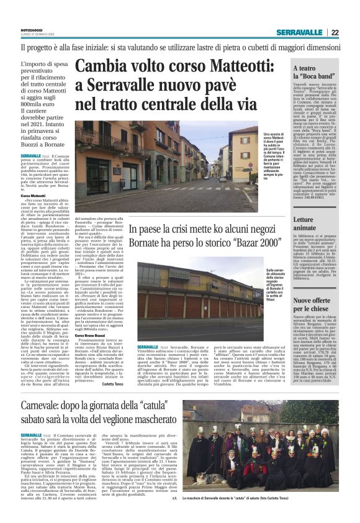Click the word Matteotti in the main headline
coord(238,66)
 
